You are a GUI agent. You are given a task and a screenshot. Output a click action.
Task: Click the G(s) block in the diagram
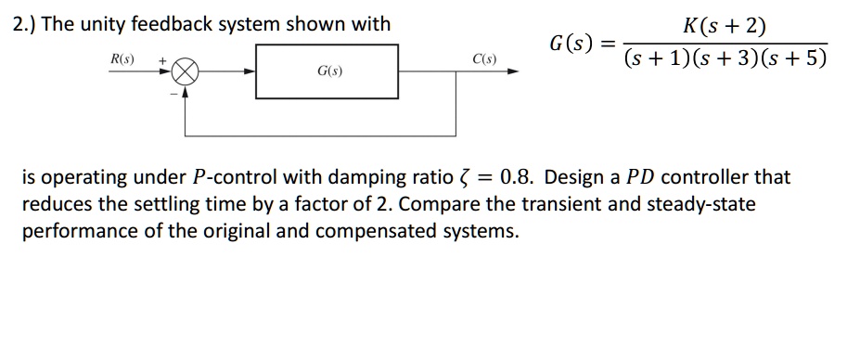[327, 72]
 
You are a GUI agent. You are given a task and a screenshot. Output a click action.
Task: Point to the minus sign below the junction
[172, 91]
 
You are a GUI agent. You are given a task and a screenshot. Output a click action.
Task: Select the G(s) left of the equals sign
[569, 43]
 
